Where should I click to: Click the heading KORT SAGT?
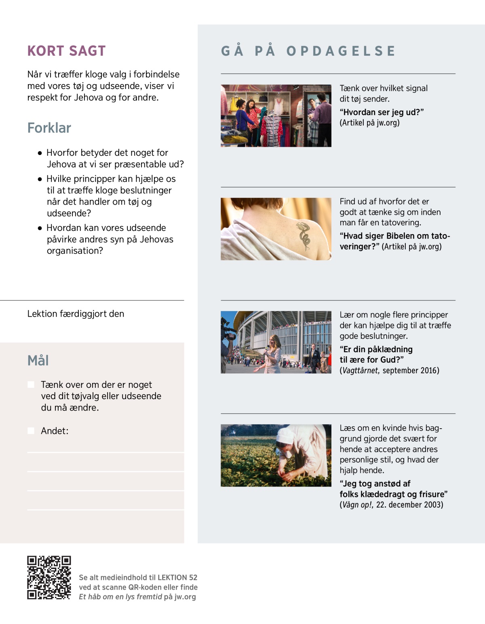66,51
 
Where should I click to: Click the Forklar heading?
49,128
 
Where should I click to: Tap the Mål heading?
38,360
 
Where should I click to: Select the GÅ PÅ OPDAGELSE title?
308,51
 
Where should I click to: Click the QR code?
49,577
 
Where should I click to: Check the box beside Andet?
31,431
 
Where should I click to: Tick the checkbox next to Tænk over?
31,385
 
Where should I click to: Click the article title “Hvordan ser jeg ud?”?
382,112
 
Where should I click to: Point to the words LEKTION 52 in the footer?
177,577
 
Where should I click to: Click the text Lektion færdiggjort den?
76,314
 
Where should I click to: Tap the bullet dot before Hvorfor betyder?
40,153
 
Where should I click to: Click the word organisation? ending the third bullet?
75,251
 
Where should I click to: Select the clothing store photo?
276,116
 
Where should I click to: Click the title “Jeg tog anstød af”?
375,484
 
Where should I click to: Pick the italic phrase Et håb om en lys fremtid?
120,597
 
